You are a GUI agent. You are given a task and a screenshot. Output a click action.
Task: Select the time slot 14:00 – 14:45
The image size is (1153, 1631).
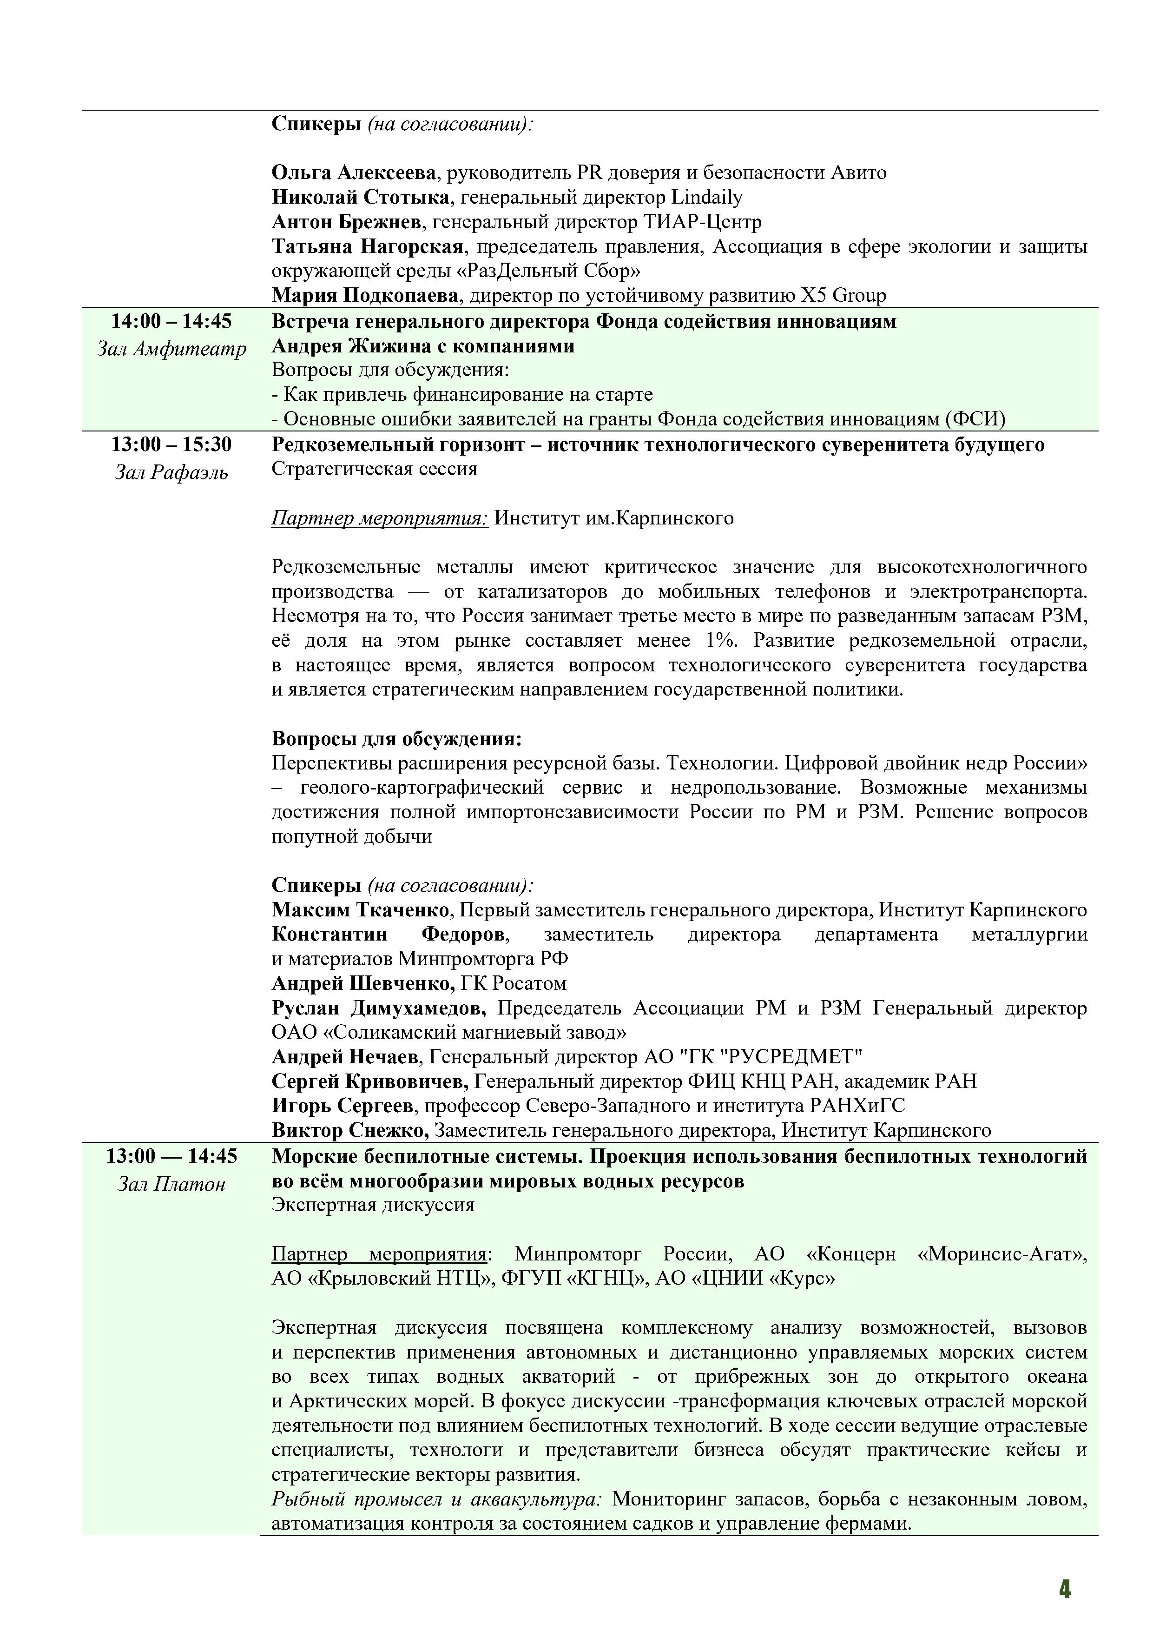point(171,322)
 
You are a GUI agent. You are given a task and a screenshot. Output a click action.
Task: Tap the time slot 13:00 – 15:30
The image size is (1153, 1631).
point(171,444)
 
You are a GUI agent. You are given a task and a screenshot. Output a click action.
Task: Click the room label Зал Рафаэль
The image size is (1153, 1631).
point(171,472)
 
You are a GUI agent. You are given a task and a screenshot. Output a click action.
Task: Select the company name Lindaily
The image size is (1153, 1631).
point(706,198)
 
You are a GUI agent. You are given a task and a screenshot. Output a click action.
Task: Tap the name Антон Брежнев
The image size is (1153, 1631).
point(347,222)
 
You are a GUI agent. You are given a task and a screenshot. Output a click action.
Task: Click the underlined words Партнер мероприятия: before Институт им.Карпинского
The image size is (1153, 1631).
point(379,518)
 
